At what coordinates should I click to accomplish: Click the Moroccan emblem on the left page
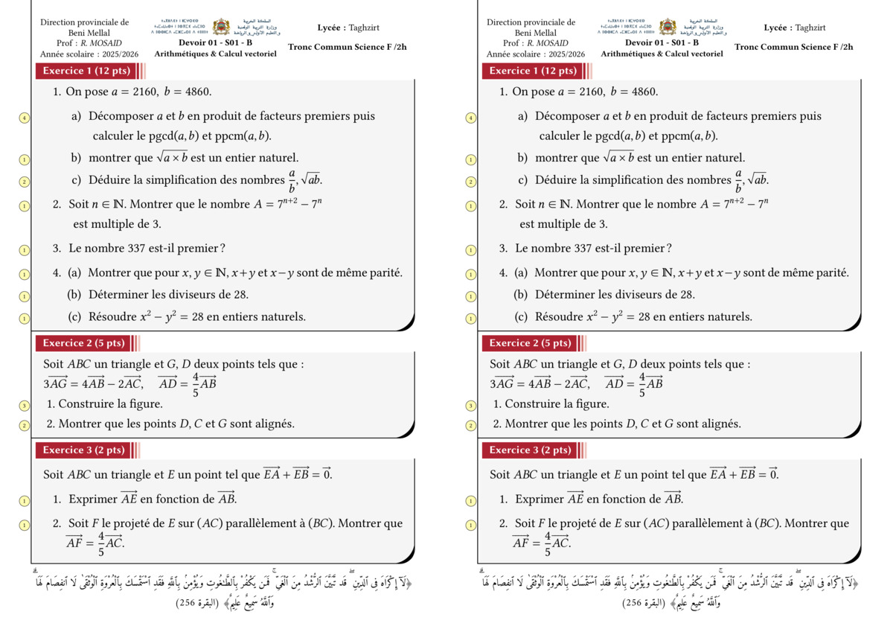220,28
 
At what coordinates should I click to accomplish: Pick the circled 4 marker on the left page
25,118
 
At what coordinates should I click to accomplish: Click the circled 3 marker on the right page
470,406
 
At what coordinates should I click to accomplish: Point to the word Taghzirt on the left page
364,28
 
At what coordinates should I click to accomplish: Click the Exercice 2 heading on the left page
83,343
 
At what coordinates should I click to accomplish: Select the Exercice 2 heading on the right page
530,343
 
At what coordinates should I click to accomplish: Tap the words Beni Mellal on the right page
531,33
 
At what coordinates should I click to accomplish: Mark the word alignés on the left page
271,424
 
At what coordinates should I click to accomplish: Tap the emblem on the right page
667,28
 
